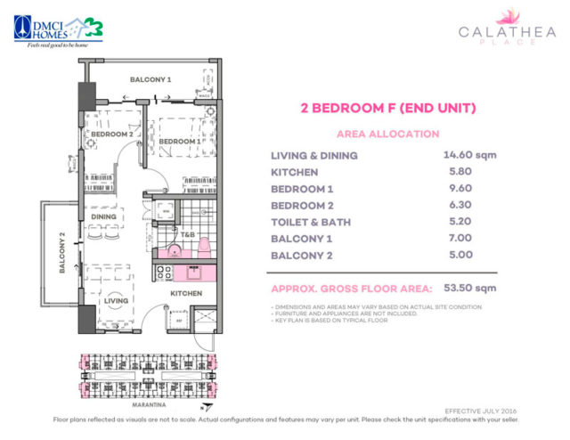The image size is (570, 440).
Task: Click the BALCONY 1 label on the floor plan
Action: [x=151, y=80]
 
